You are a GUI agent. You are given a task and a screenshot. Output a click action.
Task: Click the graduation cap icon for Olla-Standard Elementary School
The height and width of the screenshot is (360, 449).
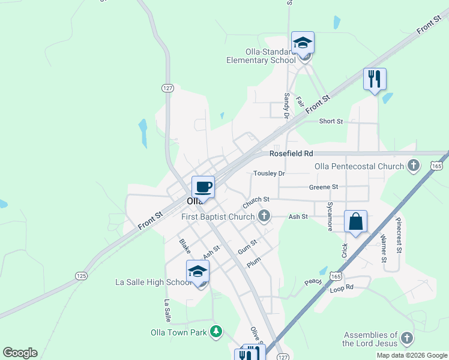pos(303,43)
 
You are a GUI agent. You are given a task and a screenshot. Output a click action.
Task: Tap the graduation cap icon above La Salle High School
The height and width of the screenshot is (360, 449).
pos(197,272)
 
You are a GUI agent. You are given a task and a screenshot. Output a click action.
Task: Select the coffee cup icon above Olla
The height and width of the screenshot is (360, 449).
pos(203,187)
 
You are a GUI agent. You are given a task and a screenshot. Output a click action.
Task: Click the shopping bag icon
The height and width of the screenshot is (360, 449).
pos(355,221)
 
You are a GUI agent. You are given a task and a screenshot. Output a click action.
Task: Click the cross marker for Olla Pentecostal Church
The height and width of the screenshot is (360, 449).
pos(412,166)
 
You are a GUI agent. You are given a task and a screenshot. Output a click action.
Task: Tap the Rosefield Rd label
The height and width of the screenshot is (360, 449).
pos(291,154)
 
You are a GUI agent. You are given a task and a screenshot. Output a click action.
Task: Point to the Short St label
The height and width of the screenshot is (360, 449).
pos(330,121)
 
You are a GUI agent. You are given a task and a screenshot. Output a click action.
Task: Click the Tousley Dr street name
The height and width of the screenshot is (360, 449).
pos(268,173)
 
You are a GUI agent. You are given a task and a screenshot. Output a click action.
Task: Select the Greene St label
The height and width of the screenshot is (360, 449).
pos(324,187)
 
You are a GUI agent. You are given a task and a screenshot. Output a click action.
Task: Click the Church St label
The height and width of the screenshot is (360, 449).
pos(256,199)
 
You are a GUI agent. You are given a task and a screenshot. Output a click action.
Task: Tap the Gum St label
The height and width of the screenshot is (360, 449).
pos(247,246)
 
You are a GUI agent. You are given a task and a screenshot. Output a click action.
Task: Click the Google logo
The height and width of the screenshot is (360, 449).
pos(20,353)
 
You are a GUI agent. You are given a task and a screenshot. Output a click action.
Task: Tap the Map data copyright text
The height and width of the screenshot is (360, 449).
pos(411,355)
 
